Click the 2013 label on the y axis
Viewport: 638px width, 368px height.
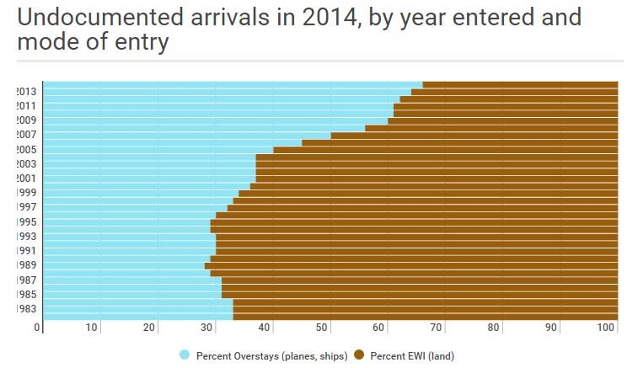tap(25, 91)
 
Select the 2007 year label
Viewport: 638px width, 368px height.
tap(25, 135)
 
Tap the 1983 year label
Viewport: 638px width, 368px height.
tap(25, 308)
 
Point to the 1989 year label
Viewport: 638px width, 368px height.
tap(25, 265)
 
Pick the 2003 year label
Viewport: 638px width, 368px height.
tap(25, 163)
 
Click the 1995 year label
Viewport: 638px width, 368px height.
tap(25, 221)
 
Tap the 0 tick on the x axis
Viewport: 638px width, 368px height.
tap(38, 328)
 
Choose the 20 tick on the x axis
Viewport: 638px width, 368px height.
tap(150, 328)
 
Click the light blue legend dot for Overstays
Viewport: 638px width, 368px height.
tap(185, 355)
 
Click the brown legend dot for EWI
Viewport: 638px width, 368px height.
tap(358, 355)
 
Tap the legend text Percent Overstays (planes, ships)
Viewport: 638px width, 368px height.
tap(271, 356)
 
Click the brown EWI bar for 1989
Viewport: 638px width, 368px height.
tap(413, 265)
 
